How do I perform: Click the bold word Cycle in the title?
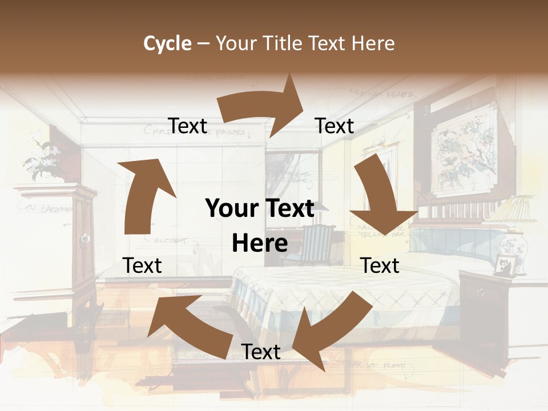(x=167, y=43)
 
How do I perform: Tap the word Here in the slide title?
(x=372, y=43)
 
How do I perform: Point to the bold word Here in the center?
(x=260, y=243)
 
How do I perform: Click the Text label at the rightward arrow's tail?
(x=188, y=126)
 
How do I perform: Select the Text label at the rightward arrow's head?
(x=335, y=126)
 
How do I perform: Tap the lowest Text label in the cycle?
(x=261, y=352)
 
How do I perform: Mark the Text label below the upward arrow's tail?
(x=142, y=265)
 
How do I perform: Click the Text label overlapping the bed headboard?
(x=380, y=265)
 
